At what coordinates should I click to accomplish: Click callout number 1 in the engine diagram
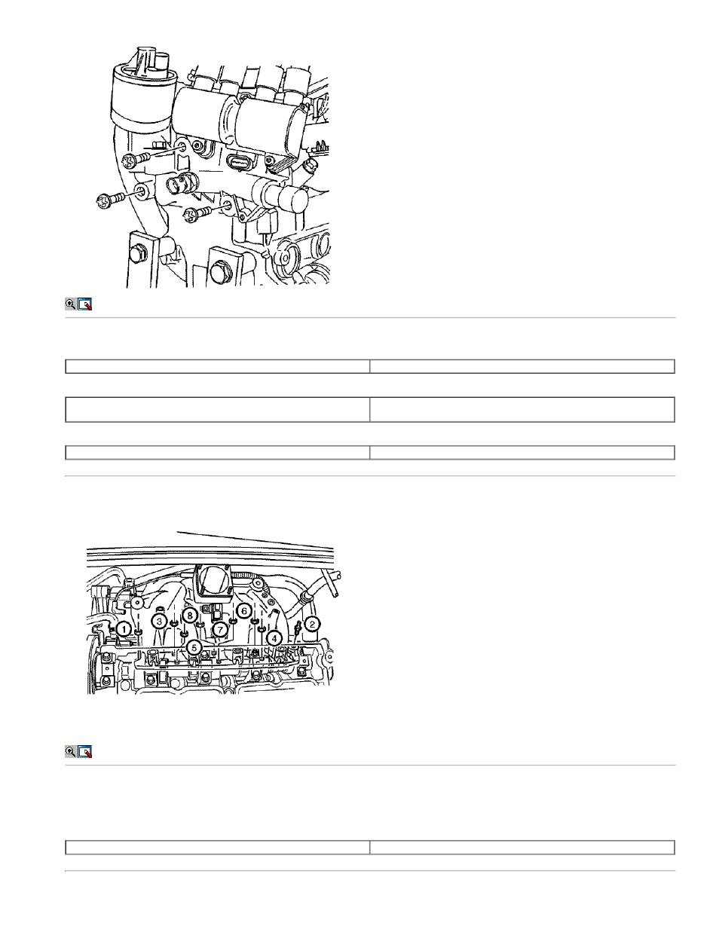[124, 628]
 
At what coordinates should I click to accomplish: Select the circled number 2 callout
[312, 625]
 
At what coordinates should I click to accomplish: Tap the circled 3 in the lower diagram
[159, 621]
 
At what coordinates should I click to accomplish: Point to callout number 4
[274, 638]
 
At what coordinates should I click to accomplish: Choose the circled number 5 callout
[194, 647]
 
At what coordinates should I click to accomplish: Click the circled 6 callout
[244, 610]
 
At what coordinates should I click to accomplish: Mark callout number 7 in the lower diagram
[220, 629]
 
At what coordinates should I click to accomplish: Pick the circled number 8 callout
[190, 615]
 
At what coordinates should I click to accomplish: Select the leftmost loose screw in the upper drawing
[111, 200]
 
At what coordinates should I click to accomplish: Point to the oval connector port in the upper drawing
[236, 162]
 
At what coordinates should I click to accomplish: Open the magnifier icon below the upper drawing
[70, 304]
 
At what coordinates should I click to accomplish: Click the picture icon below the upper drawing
[85, 304]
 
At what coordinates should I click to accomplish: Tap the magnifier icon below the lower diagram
[70, 751]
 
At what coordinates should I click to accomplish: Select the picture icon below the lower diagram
[85, 751]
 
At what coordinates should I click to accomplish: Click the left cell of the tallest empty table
[217, 410]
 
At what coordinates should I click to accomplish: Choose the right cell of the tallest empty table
[522, 410]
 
